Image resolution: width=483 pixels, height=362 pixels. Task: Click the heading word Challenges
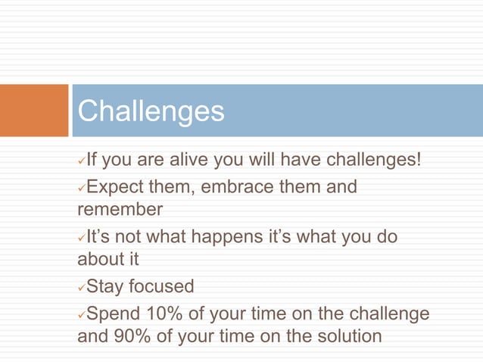151,111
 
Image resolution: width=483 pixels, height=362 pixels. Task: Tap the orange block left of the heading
34,111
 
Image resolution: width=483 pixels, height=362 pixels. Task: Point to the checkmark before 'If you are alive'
82,162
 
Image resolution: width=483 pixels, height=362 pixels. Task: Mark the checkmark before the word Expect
82,188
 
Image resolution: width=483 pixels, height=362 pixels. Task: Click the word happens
229,236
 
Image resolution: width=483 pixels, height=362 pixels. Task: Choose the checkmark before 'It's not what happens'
82,238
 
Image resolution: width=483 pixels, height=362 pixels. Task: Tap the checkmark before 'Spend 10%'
82,314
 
